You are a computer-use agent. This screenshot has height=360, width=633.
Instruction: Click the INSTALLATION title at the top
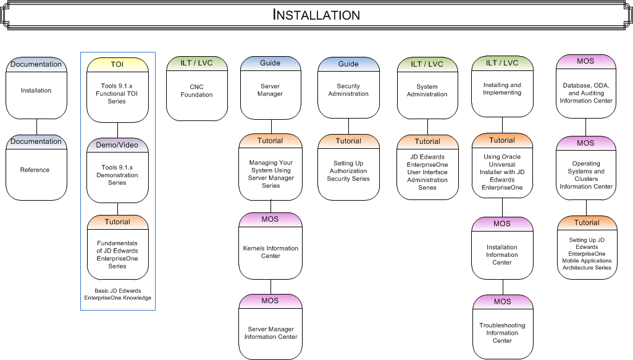point(316,15)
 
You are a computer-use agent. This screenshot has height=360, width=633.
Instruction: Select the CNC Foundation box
point(196,91)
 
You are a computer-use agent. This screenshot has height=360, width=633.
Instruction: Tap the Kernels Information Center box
point(270,252)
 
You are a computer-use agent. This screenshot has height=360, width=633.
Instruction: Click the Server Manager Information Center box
point(270,333)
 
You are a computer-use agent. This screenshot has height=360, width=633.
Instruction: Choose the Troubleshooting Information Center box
point(502,333)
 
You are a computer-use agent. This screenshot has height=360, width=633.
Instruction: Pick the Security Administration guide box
point(348,90)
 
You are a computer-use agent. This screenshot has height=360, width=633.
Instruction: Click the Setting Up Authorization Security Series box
point(348,171)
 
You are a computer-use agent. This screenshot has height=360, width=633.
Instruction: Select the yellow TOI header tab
point(117,64)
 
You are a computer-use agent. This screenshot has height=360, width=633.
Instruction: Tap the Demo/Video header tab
point(117,145)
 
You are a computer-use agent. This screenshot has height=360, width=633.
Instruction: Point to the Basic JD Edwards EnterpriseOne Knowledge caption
point(117,295)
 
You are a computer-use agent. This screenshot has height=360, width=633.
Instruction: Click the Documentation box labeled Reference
point(36,169)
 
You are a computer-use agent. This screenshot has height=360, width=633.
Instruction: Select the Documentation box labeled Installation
point(36,90)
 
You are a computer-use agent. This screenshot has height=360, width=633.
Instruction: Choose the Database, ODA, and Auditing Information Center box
point(586,93)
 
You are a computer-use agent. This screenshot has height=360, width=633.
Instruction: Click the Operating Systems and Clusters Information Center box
point(586,175)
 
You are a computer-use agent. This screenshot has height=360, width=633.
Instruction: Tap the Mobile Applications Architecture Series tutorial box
point(586,253)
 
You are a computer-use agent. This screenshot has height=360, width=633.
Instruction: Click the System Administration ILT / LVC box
point(427,91)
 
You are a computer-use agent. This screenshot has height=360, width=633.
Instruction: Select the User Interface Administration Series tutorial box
point(427,172)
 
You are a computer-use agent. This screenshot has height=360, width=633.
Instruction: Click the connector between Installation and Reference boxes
point(36,127)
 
